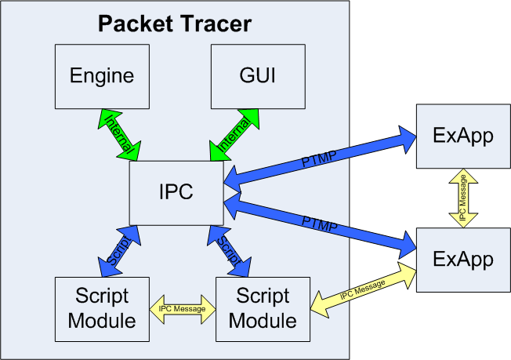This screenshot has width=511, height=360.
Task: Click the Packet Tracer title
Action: (175, 24)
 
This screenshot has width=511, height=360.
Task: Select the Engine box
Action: (102, 77)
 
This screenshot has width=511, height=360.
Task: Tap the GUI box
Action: (258, 77)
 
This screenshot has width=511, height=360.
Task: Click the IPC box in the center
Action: (176, 193)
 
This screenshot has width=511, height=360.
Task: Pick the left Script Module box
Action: (102, 310)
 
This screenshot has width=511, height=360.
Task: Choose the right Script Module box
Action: (263, 310)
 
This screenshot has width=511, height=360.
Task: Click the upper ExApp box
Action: (463, 136)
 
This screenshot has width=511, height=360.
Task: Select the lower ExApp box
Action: (463, 260)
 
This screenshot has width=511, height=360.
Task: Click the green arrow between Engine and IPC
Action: (120, 135)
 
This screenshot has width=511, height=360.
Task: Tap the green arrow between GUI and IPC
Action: (234, 135)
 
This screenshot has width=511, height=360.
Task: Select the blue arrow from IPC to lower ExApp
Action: (320, 225)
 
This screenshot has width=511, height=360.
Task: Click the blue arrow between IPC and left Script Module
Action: (120, 251)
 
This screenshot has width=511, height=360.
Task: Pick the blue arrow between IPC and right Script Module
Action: (230, 251)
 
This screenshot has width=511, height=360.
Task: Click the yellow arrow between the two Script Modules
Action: (183, 309)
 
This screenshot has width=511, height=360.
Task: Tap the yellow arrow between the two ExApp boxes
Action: (463, 198)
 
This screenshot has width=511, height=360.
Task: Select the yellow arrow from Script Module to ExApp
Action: (363, 289)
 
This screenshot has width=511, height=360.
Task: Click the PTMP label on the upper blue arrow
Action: (319, 158)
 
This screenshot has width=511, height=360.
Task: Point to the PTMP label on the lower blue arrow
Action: (320, 224)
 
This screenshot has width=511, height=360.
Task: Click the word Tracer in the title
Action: (217, 24)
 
